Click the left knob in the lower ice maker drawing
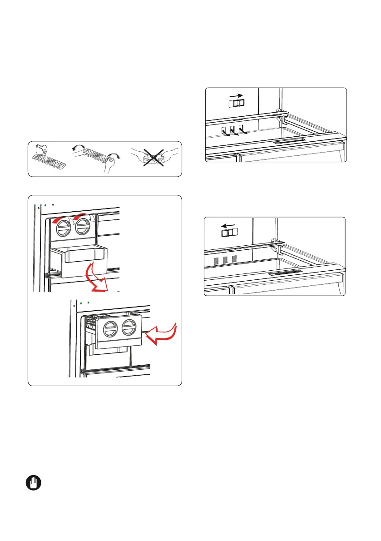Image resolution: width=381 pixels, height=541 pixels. click(109, 328)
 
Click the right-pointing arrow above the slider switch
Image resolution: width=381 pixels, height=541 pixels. click(235, 96)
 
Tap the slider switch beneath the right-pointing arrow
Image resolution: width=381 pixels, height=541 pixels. click(236, 104)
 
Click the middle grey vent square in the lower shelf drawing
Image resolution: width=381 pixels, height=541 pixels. click(225, 260)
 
